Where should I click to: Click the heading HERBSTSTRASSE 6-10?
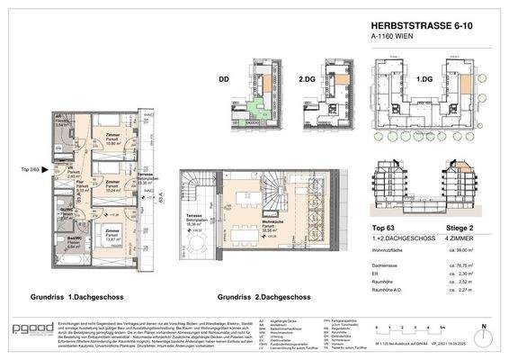pyautogui.click(x=419, y=29)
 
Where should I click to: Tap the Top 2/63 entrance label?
pyautogui.click(x=31, y=169)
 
